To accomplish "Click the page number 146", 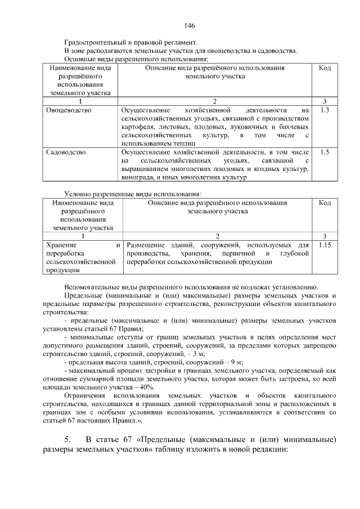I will coord(190,26).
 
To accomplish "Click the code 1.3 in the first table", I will coord(323,110).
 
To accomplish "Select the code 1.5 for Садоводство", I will coord(323,152).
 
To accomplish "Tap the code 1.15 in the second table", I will coord(325,245).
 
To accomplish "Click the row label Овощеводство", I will coord(69,110).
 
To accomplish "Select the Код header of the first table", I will coord(324,68).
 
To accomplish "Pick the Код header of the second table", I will coord(325,203).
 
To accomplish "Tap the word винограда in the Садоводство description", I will coord(137,177).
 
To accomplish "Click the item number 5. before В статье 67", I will coord(67,439).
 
